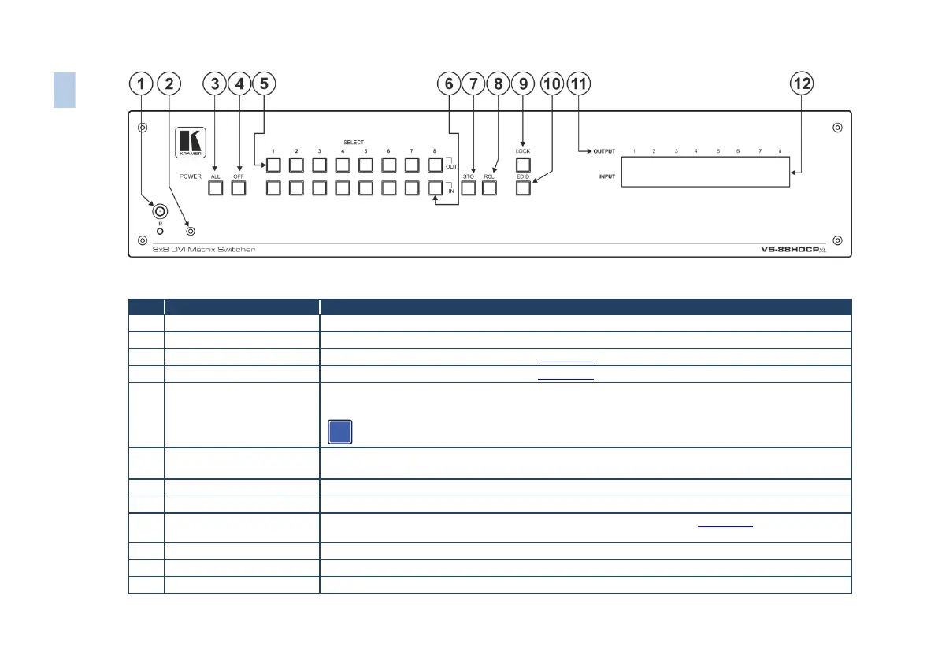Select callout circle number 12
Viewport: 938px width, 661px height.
(803, 84)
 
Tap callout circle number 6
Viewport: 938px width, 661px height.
(450, 84)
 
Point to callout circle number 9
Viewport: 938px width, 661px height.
(522, 84)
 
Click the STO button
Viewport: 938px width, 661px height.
(469, 188)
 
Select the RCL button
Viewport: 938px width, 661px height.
(490, 188)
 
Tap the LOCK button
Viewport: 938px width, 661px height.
(524, 165)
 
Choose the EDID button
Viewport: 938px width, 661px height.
(524, 188)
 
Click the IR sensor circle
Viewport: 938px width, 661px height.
(160, 211)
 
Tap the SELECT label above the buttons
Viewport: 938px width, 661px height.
(354, 143)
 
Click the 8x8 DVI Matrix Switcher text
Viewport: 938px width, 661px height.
(204, 250)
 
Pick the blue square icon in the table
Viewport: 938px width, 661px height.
(339, 433)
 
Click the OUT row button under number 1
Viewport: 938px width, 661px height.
(273, 165)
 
